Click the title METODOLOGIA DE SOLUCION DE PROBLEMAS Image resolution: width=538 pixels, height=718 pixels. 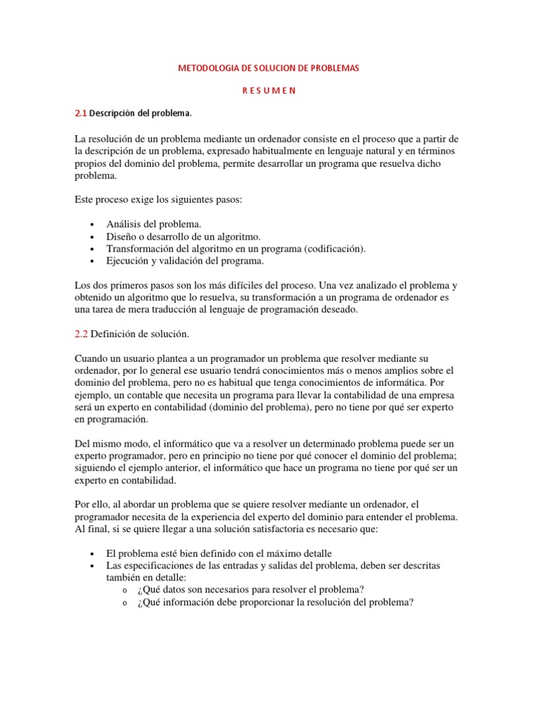[269, 69]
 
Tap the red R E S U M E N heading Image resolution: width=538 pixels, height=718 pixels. [269, 90]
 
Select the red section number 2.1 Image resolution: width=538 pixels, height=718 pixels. [80, 113]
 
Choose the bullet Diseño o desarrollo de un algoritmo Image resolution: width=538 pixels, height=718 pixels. [183, 236]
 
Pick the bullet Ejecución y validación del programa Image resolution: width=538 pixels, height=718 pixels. [185, 262]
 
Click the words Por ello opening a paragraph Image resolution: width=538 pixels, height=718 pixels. [91, 505]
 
